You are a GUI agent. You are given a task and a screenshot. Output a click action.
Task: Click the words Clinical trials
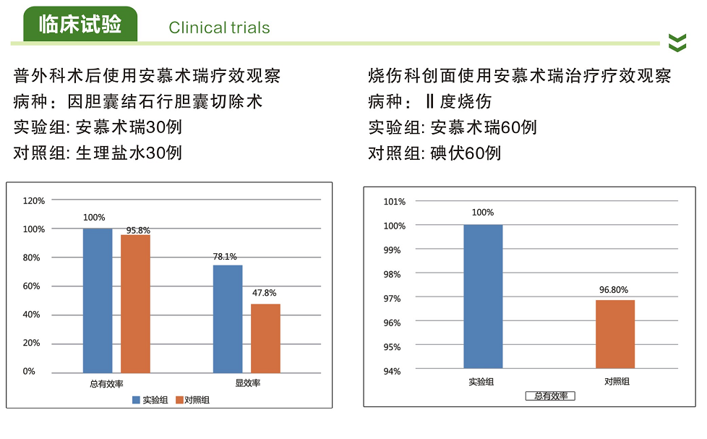(219, 28)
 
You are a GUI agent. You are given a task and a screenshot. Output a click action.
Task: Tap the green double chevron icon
(677, 43)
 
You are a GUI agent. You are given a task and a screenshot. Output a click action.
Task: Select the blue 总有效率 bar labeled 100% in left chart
(98, 300)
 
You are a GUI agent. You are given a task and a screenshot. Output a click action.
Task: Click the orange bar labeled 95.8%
(135, 304)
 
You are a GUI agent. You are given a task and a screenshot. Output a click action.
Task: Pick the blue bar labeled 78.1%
(228, 318)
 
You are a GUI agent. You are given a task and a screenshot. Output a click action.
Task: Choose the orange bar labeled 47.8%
(265, 338)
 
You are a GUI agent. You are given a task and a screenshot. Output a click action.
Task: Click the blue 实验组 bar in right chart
(482, 297)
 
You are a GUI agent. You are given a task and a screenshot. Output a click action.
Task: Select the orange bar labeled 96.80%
(615, 334)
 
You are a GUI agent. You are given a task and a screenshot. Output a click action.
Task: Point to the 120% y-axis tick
(34, 200)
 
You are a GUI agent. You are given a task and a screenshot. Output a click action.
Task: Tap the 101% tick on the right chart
(394, 202)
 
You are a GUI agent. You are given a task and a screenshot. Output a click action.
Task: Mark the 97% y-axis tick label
(394, 299)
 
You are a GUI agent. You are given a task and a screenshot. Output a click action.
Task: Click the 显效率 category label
(247, 383)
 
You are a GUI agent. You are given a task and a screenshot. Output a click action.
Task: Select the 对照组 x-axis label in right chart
(617, 381)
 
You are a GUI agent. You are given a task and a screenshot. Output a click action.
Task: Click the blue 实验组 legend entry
(150, 399)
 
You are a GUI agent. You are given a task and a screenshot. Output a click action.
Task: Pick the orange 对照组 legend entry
(193, 399)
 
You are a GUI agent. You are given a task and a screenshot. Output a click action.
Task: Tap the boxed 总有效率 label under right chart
(550, 396)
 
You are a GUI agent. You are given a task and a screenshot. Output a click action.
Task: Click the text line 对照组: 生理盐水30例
(98, 153)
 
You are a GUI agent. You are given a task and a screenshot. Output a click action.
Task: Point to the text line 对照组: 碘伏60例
(434, 153)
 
